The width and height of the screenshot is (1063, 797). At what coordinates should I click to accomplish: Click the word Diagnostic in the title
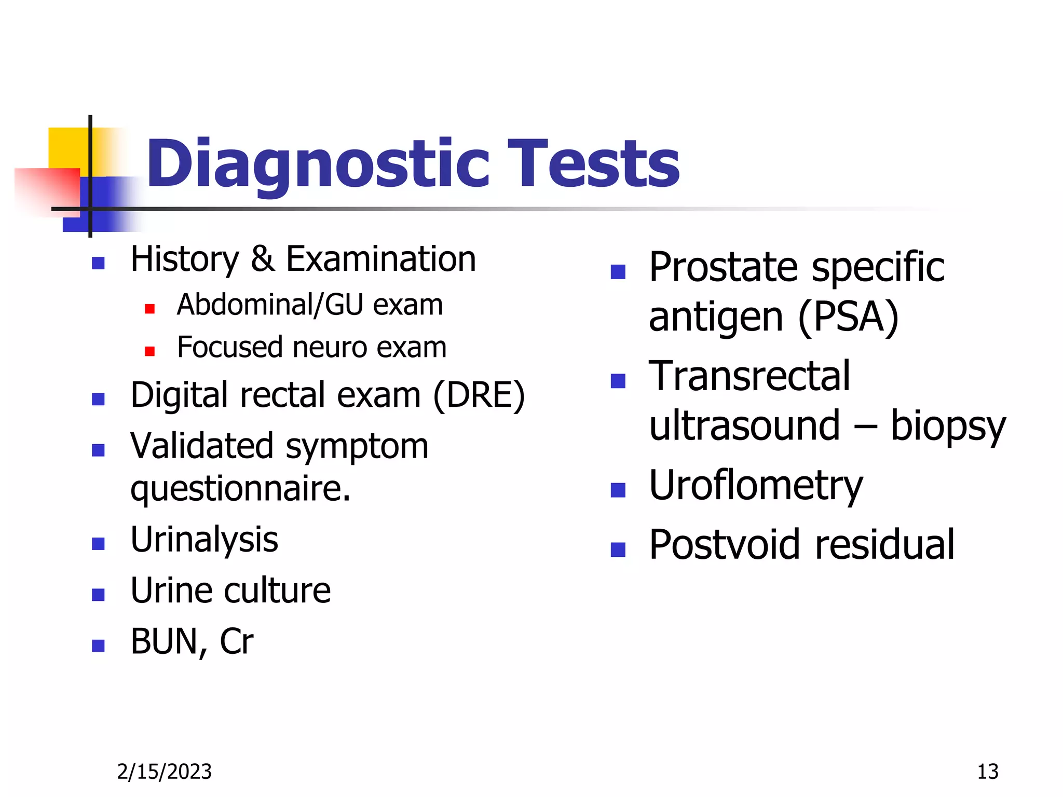[318, 165]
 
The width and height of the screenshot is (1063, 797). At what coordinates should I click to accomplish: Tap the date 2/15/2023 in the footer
[164, 772]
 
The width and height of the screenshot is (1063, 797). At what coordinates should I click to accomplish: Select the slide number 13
[987, 772]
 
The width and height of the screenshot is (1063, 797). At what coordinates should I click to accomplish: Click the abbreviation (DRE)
[479, 395]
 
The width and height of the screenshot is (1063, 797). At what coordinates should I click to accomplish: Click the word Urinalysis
[204, 540]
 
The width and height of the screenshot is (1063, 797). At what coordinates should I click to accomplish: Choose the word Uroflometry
[756, 486]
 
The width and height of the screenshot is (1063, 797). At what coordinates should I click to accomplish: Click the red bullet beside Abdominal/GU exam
[149, 309]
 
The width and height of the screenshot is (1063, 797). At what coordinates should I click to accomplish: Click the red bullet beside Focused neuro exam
[149, 351]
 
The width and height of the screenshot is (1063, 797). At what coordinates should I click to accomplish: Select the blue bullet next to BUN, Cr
[98, 645]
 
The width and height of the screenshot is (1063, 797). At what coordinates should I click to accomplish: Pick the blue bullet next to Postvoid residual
[618, 549]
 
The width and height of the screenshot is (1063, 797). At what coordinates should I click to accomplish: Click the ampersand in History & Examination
[262, 259]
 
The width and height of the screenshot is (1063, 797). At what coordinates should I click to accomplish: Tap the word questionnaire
[240, 489]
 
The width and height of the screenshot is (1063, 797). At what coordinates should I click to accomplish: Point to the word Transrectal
[749, 376]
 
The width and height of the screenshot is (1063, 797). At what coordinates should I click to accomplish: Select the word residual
[884, 545]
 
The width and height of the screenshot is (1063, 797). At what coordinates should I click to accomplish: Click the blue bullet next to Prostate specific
[618, 271]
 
